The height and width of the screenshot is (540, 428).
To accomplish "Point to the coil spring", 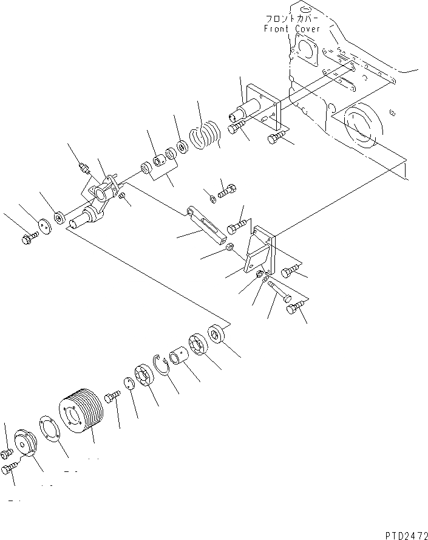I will tap(206, 140).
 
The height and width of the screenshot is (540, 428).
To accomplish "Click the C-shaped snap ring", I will tap(162, 366).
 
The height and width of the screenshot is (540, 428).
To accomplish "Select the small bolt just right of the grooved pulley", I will tap(113, 397).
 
